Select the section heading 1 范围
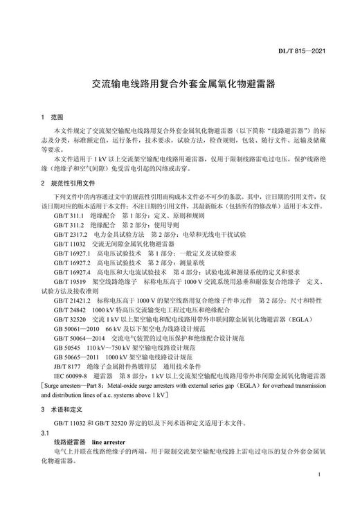52,117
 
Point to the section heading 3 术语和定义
60,410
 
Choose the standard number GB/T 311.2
68,225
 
